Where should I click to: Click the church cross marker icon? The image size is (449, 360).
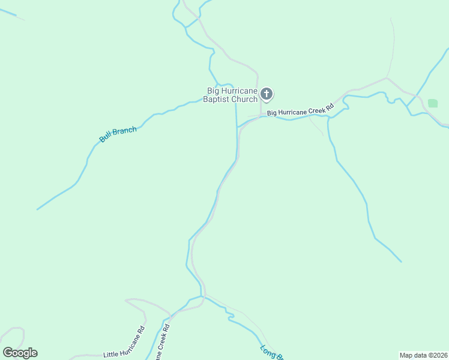tap(267, 94)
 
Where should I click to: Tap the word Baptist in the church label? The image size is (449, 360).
tap(217, 99)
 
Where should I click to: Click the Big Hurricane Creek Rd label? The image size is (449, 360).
tap(300, 111)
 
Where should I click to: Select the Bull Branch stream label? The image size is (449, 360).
tap(118, 134)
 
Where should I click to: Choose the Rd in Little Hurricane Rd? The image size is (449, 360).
tap(141, 330)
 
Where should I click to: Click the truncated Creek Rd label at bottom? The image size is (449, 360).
tap(162, 342)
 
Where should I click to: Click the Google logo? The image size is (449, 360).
tap(20, 353)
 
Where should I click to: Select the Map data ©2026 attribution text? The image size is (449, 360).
tap(423, 355)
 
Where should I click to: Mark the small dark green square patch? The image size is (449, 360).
tap(433, 103)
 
